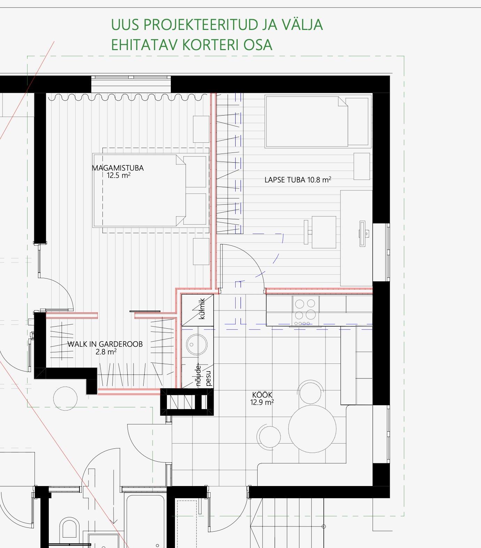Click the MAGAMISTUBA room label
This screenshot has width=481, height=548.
[x=118, y=168]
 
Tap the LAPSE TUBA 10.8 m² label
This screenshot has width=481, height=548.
[x=298, y=180]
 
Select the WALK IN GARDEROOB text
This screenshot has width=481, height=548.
[x=105, y=344]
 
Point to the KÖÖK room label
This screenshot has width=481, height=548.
[x=262, y=395]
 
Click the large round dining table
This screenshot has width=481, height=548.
[x=312, y=429]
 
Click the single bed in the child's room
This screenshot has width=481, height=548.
[x=317, y=122]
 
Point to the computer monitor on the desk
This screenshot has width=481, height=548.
[x=362, y=233]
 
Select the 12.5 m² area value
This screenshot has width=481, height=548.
[x=119, y=175]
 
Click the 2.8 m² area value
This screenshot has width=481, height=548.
[x=106, y=352]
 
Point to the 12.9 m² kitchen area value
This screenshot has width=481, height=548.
[x=262, y=402]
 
